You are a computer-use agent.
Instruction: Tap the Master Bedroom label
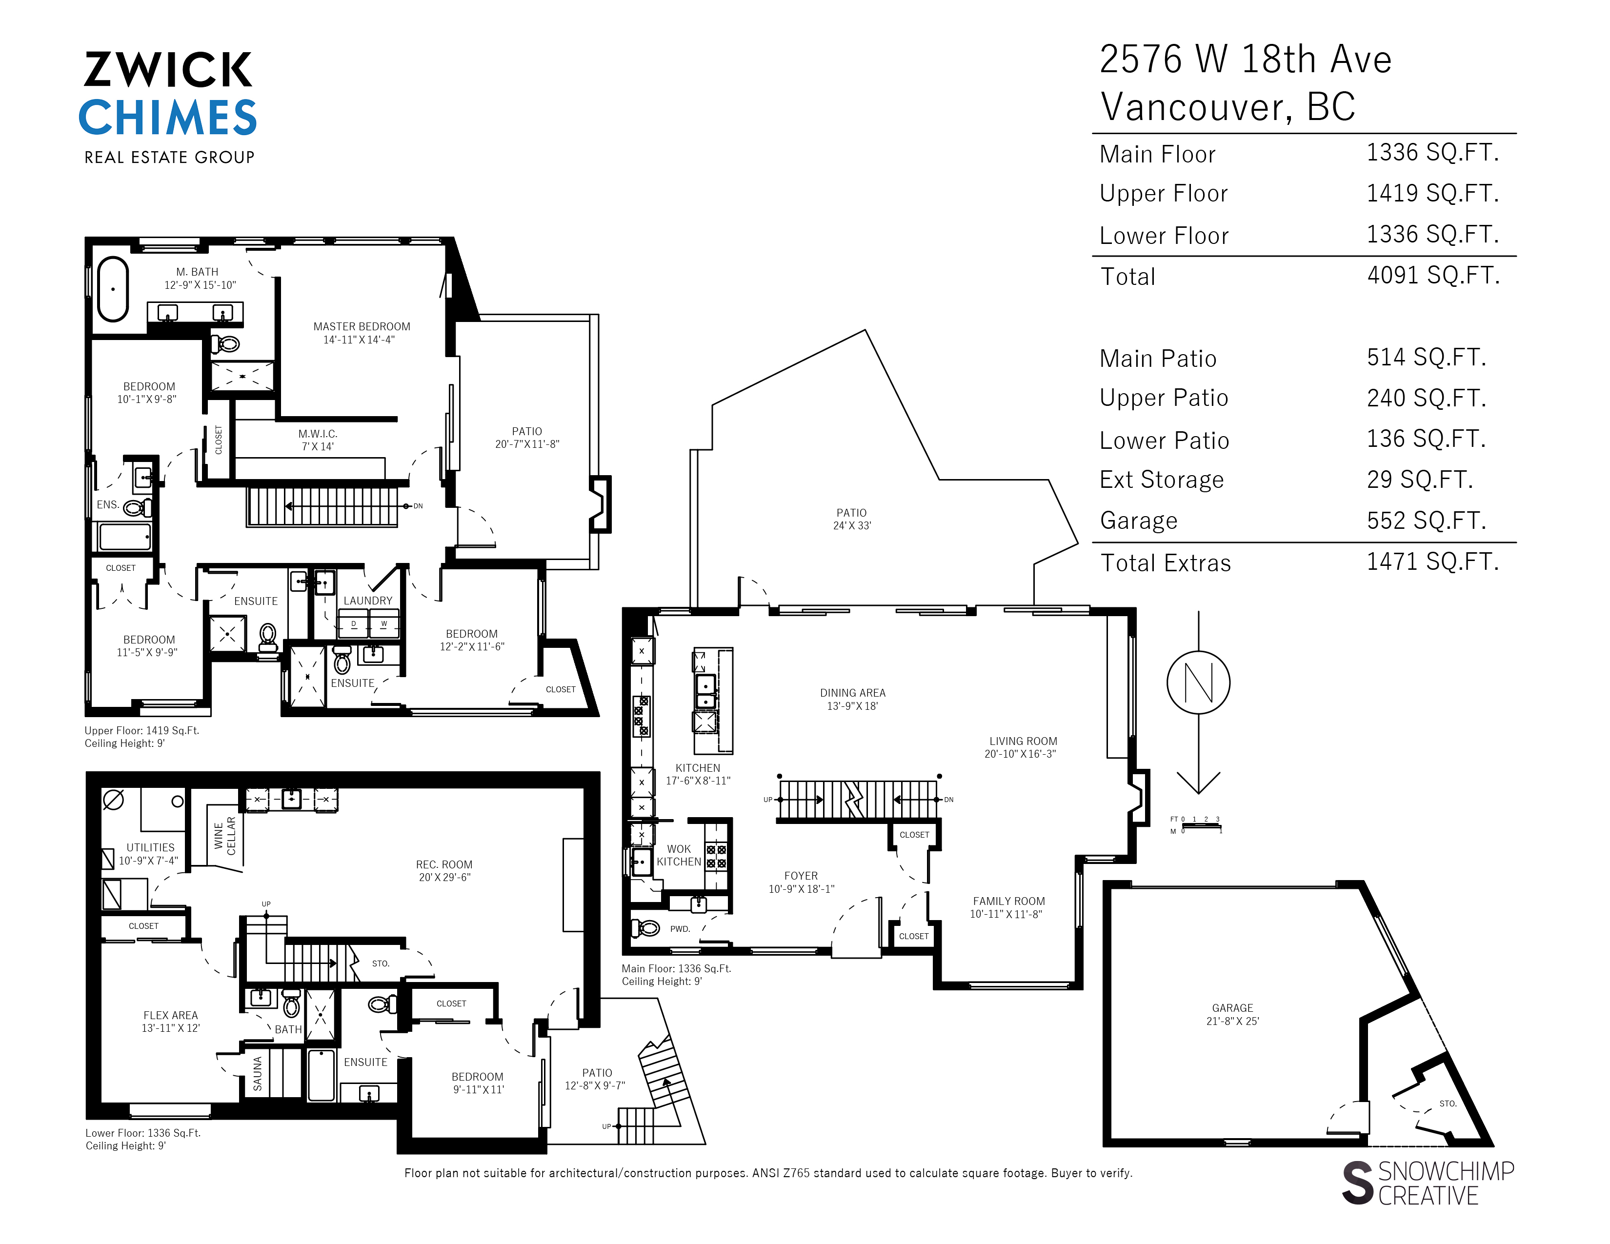[x=361, y=332]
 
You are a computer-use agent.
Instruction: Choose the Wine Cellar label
[x=225, y=836]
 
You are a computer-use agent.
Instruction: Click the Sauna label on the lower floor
[x=257, y=1073]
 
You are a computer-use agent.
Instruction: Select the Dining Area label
[x=852, y=699]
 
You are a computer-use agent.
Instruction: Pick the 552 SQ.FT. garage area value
[x=1426, y=521]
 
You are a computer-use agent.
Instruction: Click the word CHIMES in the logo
[x=168, y=118]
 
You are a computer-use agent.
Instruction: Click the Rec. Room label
[x=444, y=870]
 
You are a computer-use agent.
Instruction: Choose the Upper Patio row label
[x=1163, y=398]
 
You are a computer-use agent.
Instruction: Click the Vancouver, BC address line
[x=1228, y=107]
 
